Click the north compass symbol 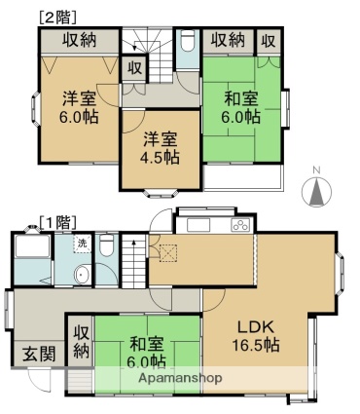[x=316, y=190]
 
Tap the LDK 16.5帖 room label [x=256, y=336]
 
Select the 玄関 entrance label [x=39, y=354]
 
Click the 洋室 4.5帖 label [x=161, y=148]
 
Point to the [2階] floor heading [x=57, y=18]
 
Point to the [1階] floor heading [x=57, y=222]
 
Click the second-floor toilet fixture [x=188, y=41]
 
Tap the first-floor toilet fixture [x=106, y=245]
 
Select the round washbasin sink [x=82, y=274]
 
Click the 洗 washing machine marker [x=83, y=244]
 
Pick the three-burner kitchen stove [x=240, y=225]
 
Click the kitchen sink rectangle [x=198, y=225]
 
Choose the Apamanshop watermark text [x=181, y=378]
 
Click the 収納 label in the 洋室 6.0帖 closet [x=80, y=40]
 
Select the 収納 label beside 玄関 [x=81, y=342]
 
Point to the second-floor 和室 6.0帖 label [x=241, y=107]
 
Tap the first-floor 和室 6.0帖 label [x=147, y=352]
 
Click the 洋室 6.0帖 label [x=79, y=107]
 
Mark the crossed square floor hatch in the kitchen [x=168, y=252]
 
